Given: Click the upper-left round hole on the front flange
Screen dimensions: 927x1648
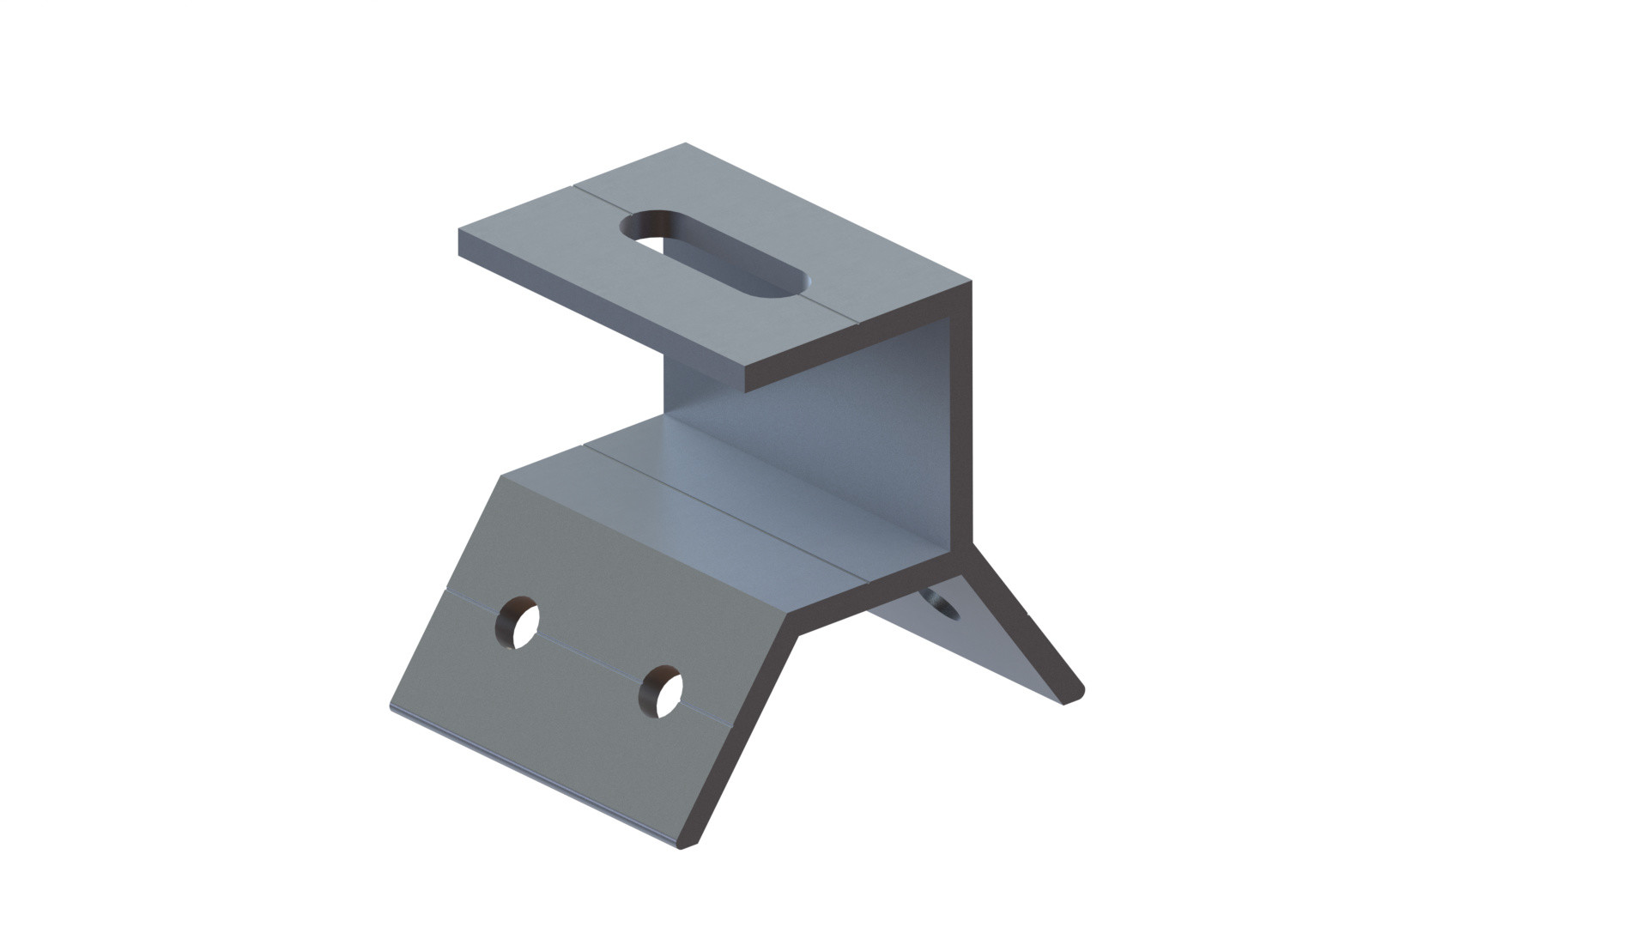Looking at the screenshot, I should [518, 621].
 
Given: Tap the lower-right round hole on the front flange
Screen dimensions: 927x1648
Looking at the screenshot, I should [661, 691].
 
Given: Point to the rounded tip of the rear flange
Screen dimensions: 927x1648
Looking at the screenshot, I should [1073, 695].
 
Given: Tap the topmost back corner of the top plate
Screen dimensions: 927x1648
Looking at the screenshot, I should [686, 143].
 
